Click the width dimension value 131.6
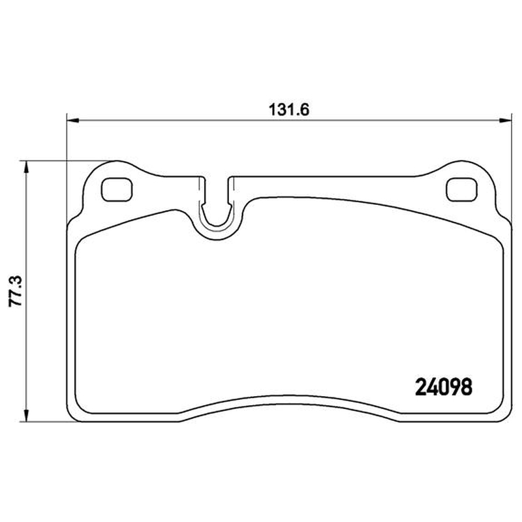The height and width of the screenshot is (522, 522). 289,110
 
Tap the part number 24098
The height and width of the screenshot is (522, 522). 444,387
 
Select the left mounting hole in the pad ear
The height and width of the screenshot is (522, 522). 117,189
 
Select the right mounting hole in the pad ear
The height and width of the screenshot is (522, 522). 462,189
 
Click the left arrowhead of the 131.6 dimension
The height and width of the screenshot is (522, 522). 73,120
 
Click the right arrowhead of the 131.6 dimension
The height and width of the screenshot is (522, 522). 504,120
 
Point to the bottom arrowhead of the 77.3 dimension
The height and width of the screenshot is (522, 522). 25,416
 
